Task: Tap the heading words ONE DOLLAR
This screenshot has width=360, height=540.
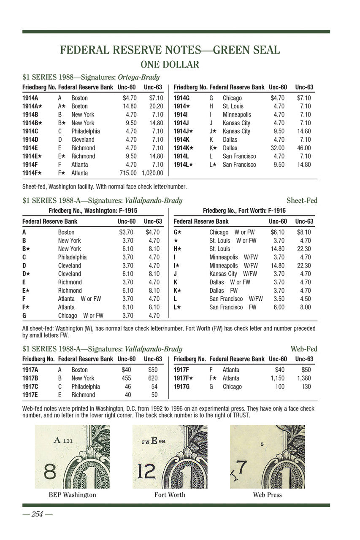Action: [x=170, y=65]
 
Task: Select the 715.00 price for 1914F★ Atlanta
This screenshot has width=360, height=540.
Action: [x=128, y=173]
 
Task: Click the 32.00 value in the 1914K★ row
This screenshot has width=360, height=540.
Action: [x=278, y=148]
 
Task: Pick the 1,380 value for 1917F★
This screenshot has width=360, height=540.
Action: [x=304, y=378]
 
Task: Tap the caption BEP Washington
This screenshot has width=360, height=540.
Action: [x=73, y=495]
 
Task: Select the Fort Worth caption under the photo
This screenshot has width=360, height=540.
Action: [x=170, y=495]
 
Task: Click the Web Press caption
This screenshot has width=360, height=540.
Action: [x=268, y=495]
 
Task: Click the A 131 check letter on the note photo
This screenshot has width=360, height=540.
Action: [x=64, y=440]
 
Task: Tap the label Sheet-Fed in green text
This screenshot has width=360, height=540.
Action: [x=302, y=200]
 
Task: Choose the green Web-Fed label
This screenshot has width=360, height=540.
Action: [x=304, y=349]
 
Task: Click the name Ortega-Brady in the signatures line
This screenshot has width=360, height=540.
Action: [x=138, y=77]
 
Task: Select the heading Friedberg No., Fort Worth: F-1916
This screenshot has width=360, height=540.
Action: [x=244, y=210]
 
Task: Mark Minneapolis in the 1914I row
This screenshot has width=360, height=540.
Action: [x=237, y=115]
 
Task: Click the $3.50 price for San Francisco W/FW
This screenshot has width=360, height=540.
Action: [x=279, y=299]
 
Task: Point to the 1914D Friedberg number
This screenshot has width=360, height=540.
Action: [x=30, y=140]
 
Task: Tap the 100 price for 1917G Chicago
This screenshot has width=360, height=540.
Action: [x=279, y=387]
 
